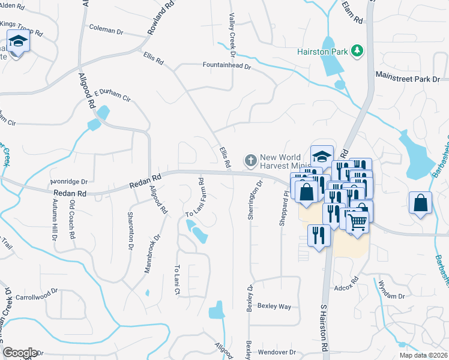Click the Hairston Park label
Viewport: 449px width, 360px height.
pos(322,52)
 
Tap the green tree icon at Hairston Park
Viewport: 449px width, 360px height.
pos(357,50)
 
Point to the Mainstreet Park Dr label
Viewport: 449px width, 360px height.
pos(408,79)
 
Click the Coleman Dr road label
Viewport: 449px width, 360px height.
pos(106,28)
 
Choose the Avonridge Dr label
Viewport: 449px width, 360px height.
pos(69,181)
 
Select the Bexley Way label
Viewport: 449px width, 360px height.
pos(274,306)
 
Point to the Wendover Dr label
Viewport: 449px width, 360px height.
pos(277,352)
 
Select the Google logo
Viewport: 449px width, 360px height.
pos(19,353)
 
